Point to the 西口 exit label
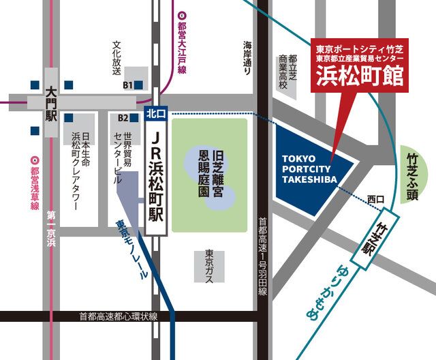click(375, 198)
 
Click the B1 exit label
click(127, 85)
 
